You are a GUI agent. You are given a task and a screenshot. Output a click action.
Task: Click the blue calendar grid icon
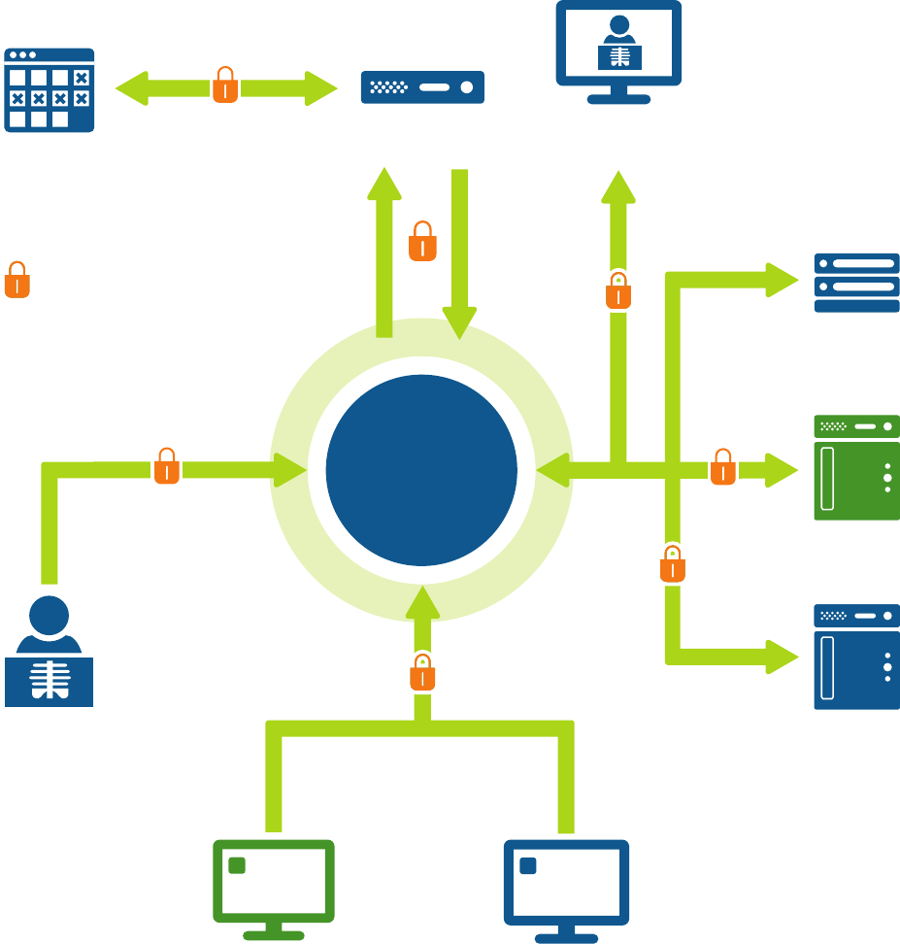click(50, 89)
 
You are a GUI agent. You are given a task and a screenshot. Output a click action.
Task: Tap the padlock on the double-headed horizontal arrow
click(225, 85)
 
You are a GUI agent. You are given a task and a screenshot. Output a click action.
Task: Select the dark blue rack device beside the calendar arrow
click(422, 87)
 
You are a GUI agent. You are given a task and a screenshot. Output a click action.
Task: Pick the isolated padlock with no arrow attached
click(17, 280)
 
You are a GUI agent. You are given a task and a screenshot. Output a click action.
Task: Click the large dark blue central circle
click(421, 470)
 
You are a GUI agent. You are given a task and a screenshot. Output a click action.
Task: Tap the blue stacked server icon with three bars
click(856, 283)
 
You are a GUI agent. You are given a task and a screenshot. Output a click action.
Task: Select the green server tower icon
click(856, 467)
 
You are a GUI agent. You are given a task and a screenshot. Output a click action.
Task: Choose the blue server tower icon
click(856, 657)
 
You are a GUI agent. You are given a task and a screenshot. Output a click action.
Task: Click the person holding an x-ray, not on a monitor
click(49, 653)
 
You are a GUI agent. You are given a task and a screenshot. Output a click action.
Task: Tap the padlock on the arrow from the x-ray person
click(167, 466)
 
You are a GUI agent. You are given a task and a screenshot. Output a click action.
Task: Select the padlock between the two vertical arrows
click(422, 242)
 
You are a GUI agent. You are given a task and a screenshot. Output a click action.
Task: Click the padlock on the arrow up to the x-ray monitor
click(618, 290)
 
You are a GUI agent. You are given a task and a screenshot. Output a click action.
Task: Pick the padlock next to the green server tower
click(722, 467)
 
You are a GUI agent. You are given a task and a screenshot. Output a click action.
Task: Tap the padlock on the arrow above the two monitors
click(422, 672)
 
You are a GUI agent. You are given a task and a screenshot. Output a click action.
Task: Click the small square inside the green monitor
click(236, 865)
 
